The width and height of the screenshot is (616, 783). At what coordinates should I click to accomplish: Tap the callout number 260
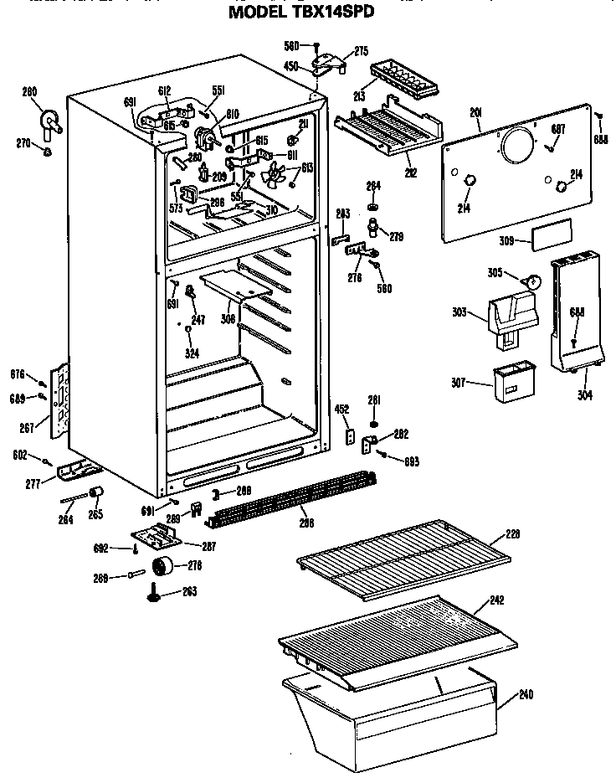click(x=29, y=92)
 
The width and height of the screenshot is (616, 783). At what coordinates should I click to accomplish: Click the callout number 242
click(x=497, y=600)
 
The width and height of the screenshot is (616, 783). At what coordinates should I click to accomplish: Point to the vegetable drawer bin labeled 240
click(x=393, y=708)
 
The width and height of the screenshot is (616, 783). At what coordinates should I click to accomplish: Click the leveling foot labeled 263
click(x=156, y=593)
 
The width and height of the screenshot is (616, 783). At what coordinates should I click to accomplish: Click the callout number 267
click(x=28, y=429)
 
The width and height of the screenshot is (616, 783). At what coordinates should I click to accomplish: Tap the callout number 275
click(x=361, y=51)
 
